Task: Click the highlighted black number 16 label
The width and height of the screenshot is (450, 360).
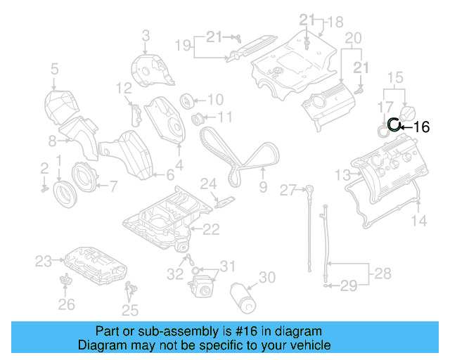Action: point(421,127)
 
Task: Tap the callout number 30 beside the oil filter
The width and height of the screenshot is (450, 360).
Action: point(266,278)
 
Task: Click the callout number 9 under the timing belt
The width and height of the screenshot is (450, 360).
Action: point(263,187)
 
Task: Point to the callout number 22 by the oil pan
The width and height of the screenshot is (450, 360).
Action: point(211,229)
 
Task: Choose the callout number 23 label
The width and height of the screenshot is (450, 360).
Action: point(44,262)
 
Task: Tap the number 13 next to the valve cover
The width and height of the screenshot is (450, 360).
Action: point(342,174)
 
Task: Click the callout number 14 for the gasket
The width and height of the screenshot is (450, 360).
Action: point(418,221)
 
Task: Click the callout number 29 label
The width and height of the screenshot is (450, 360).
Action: point(349,285)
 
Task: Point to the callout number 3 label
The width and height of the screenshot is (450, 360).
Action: point(146,34)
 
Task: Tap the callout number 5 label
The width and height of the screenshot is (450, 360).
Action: point(53,68)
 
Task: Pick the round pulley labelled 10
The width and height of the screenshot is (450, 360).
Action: point(188,99)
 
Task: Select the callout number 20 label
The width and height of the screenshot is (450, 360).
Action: point(352,37)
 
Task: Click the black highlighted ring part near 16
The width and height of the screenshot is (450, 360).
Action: point(394,125)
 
